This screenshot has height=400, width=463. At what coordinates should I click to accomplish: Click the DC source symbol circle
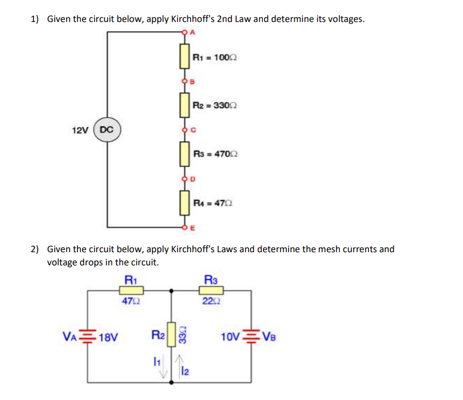107,130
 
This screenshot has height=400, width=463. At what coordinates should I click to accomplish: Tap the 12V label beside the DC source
80,130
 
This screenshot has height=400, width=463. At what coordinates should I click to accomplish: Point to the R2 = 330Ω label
215,105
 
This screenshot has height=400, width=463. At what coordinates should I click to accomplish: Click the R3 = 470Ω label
215,155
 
